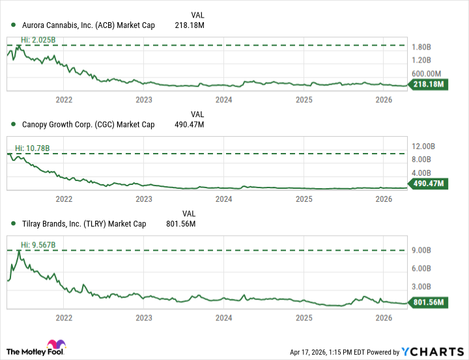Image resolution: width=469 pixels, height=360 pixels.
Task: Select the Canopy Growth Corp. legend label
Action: (88, 124)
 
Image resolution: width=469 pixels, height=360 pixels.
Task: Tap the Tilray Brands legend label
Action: (83, 223)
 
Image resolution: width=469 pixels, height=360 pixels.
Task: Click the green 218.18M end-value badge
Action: (426, 85)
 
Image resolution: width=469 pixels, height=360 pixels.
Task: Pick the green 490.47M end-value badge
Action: (426, 184)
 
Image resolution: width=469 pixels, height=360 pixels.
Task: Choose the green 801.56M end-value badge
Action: (426, 302)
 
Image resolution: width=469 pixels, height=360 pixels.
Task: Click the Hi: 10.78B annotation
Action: (32, 148)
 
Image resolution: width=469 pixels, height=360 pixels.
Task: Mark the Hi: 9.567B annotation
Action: (32, 245)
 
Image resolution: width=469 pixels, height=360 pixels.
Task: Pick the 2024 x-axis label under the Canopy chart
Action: (223, 199)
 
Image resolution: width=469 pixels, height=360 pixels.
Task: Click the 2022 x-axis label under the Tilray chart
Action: (64, 318)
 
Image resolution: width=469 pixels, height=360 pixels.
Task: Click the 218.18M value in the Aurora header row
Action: (189, 25)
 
